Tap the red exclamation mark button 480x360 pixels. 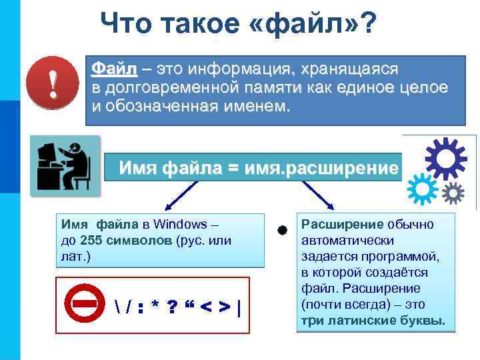click(49, 88)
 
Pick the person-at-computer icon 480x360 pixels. click(65, 167)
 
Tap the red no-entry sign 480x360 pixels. click(85, 304)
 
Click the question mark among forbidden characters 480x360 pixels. click(172, 307)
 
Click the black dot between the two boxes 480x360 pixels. click(283, 230)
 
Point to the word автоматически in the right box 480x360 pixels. click(347, 241)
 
